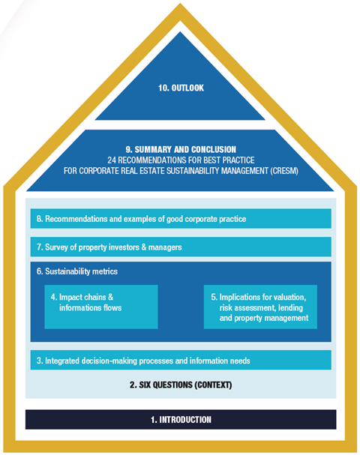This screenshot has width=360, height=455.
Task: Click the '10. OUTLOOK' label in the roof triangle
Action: pos(181,88)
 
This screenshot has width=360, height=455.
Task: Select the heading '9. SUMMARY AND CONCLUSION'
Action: pos(181,149)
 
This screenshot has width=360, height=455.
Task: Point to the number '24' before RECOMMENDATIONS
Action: pos(112,160)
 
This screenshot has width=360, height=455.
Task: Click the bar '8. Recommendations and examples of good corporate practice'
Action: pos(181,218)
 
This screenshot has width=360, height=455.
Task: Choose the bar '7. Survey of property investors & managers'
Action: pos(181,247)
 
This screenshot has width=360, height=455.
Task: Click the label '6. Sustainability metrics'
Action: pos(77,271)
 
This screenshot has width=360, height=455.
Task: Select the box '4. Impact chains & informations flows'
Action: pos(101,307)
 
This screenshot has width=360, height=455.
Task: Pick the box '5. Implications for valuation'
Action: pos(260,307)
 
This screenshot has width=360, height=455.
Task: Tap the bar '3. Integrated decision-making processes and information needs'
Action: pos(181,360)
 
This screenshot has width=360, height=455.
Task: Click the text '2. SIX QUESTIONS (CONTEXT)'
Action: pos(181,385)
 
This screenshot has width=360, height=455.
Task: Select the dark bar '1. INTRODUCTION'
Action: pos(181,419)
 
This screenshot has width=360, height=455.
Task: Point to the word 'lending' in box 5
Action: pos(290,307)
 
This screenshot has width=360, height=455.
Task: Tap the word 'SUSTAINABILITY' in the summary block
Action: pos(193,171)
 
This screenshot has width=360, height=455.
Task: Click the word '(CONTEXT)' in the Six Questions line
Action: pos(213,385)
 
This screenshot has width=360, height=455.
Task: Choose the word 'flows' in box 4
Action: pos(112,307)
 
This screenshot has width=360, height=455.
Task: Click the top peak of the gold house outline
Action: pos(180,4)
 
